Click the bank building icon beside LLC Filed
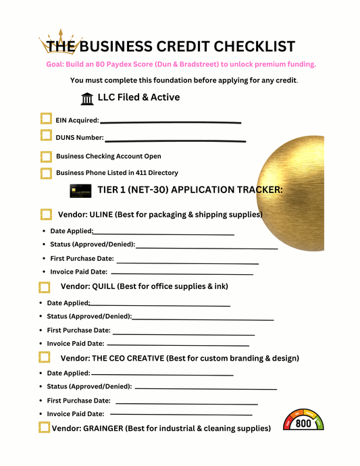tap(87, 99)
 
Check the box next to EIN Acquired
tap(46, 119)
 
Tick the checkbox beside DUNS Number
tap(46, 136)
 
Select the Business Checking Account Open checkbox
tap(46, 157)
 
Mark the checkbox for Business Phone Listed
tap(46, 174)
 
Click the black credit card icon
tap(80, 190)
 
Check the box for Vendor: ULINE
tap(46, 215)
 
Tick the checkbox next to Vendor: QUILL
tap(44, 287)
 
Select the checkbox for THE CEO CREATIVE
tap(44, 357)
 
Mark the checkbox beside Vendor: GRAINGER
tap(44, 428)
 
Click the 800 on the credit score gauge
tap(304, 423)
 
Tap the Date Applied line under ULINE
tap(163, 234)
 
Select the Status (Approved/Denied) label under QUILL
tap(89, 316)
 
